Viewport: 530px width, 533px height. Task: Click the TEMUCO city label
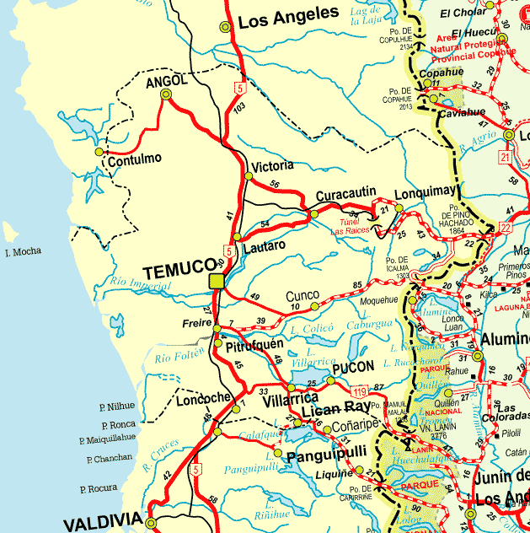point(175,272)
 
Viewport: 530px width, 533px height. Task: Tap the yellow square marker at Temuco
point(217,281)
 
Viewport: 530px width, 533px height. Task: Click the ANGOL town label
point(165,82)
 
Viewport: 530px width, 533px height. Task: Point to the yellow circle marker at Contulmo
point(99,152)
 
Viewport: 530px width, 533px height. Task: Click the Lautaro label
point(264,245)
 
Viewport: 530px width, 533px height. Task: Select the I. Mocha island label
point(24,252)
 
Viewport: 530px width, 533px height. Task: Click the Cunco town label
point(302,296)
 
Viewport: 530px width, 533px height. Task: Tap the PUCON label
point(354,369)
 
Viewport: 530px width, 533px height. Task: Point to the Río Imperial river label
point(141,283)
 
